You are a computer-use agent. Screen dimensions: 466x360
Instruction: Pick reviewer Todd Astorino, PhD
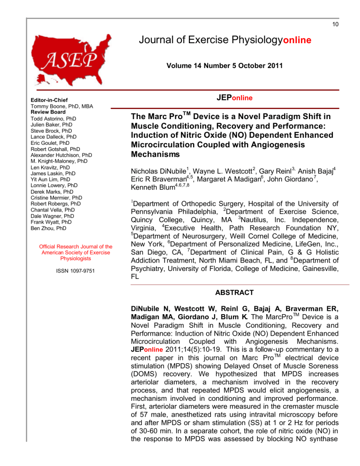[60, 119]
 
